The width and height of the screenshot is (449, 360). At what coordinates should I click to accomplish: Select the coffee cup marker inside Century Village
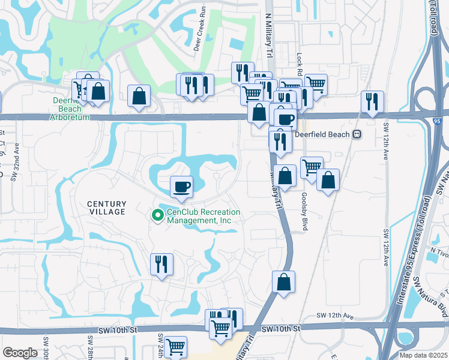[x=181, y=187]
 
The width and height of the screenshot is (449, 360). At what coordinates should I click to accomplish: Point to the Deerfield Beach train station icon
[x=357, y=134]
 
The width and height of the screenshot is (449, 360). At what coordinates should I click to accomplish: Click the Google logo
[x=20, y=353]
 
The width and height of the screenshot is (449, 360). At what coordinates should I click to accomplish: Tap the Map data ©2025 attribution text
[x=423, y=355]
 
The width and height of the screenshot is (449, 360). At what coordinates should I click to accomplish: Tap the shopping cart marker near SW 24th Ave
[x=175, y=347]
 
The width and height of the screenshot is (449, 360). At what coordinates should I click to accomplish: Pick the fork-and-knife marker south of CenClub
[x=161, y=264]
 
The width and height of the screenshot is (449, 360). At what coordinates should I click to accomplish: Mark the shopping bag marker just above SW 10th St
[x=283, y=282]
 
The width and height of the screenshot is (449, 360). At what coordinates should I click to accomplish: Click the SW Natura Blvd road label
[x=439, y=300]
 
